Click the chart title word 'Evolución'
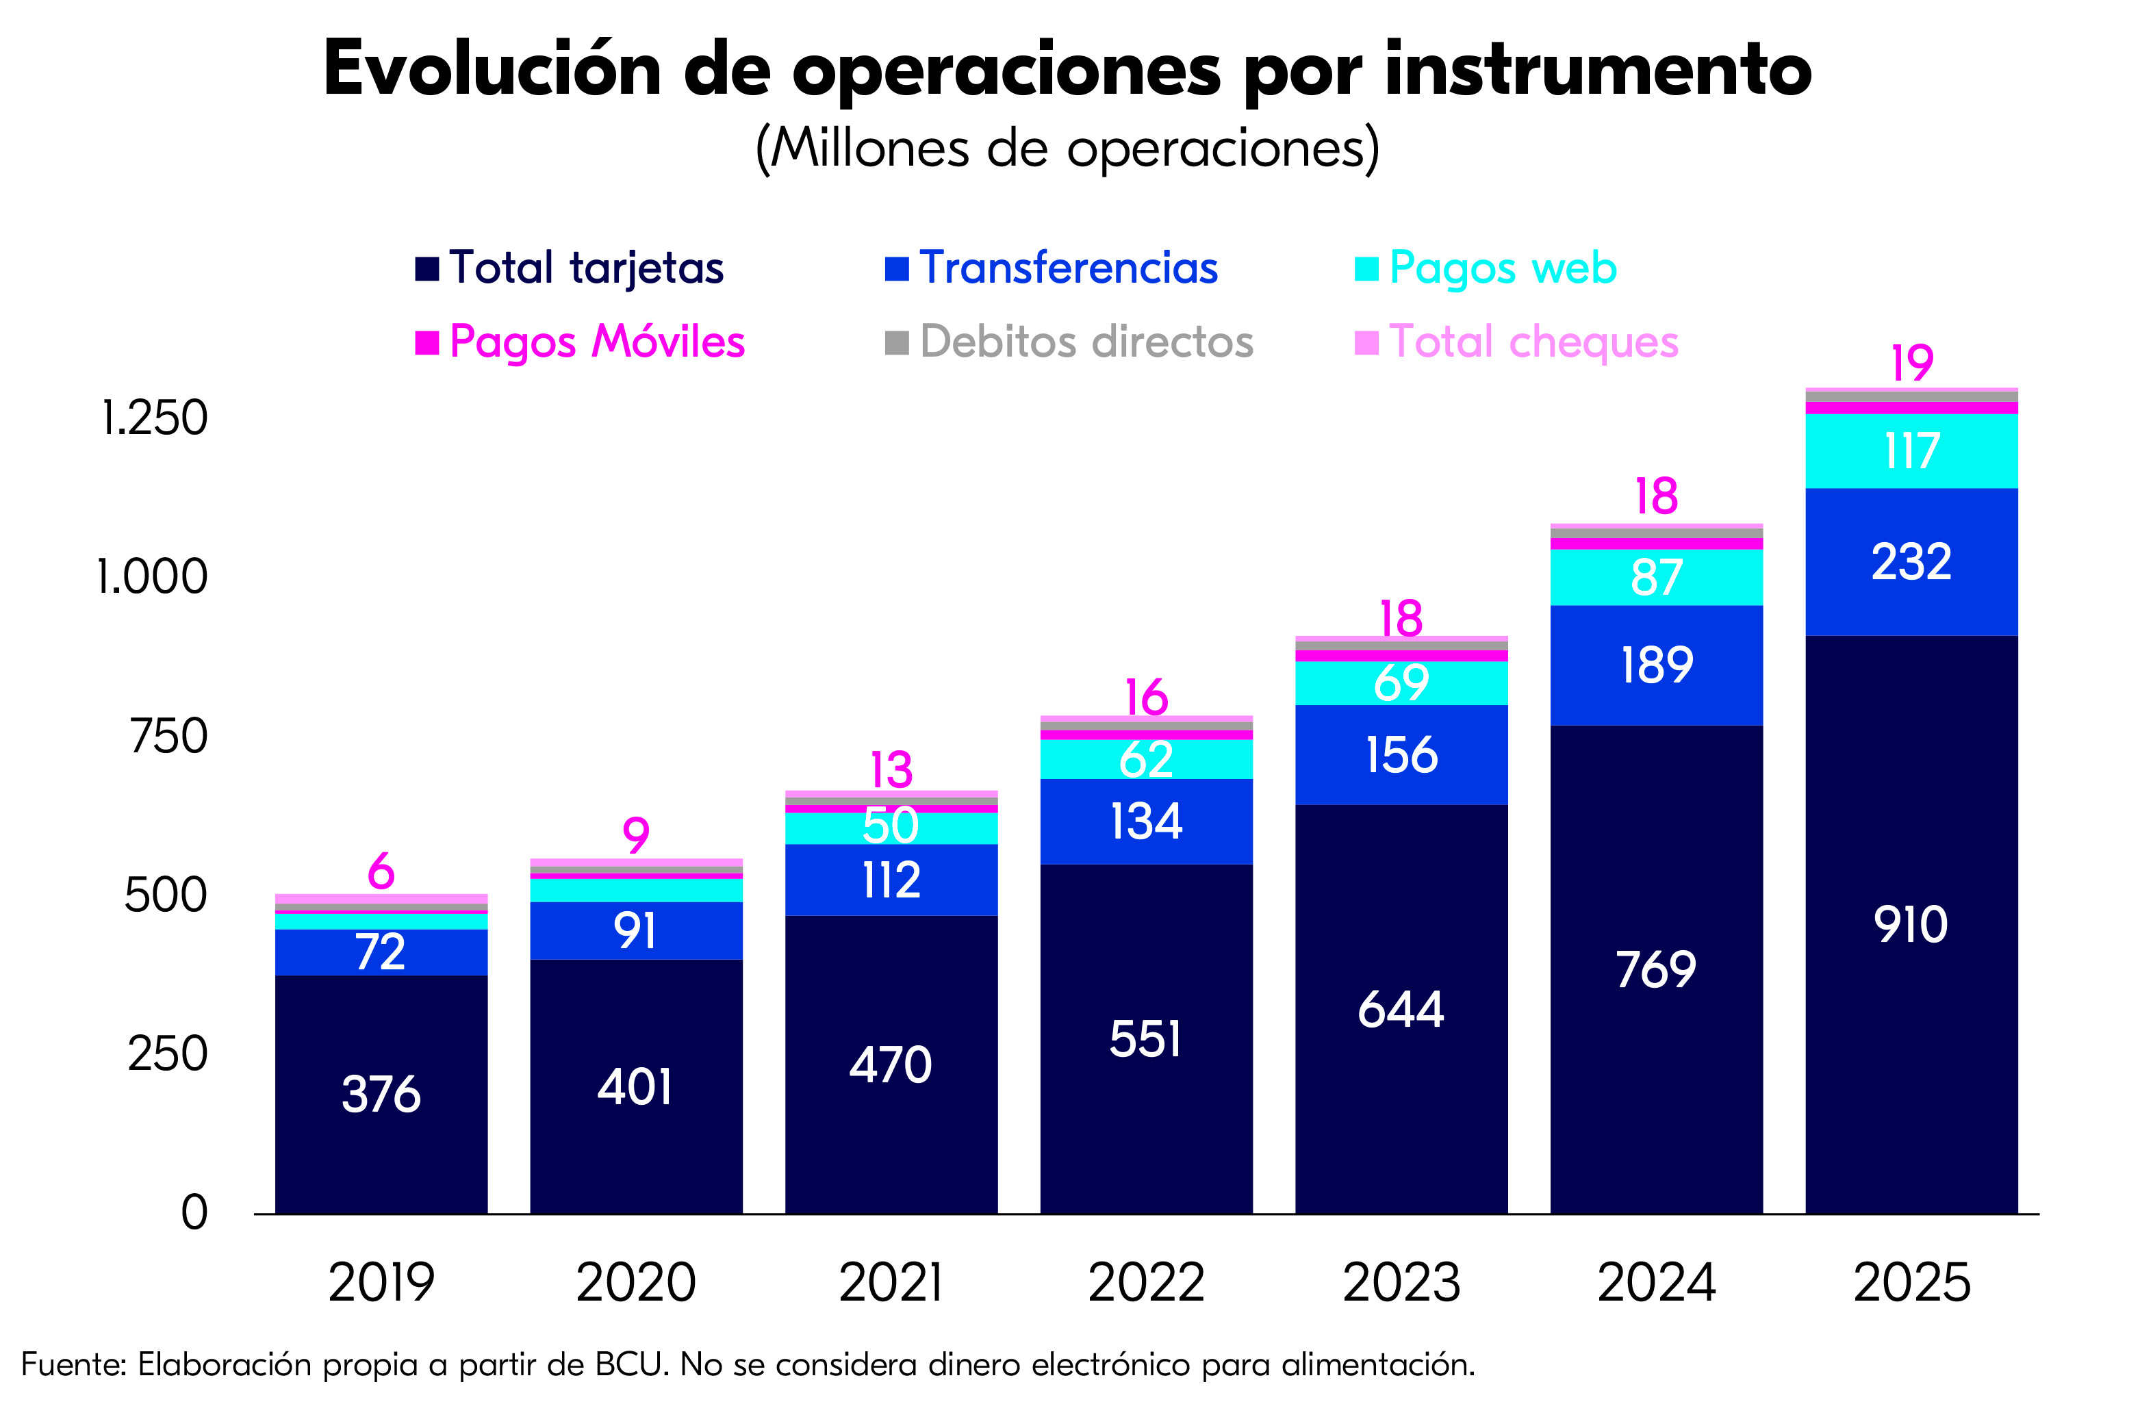[x=492, y=70]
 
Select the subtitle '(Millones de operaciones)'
[x=1067, y=149]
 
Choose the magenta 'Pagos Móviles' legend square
[x=426, y=342]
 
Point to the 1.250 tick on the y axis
[x=153, y=418]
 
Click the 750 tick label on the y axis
[x=168, y=736]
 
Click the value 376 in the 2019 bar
[x=381, y=1095]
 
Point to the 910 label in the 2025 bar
[x=1911, y=925]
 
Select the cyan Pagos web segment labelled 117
[x=1911, y=451]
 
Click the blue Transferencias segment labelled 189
[x=1657, y=666]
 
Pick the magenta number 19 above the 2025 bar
[x=1911, y=363]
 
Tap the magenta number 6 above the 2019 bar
[x=381, y=871]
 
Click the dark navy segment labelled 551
[x=1146, y=1039]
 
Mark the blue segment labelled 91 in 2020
[x=635, y=931]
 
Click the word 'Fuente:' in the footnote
[x=73, y=1364]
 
